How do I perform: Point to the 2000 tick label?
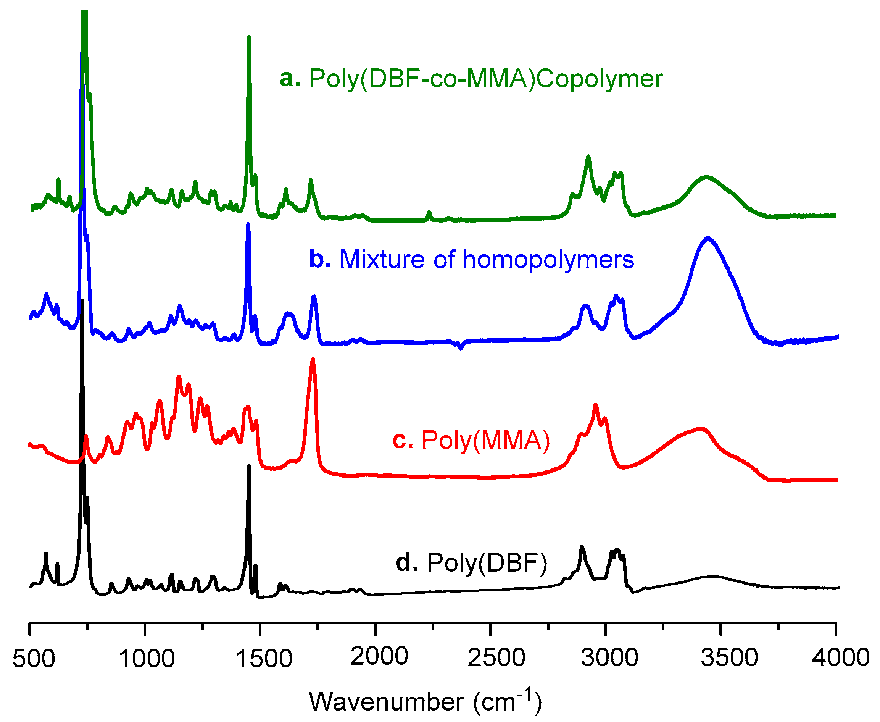pyautogui.click(x=379, y=657)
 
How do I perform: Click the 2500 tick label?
pyautogui.click(x=496, y=658)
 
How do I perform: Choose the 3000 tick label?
pyautogui.click(x=609, y=658)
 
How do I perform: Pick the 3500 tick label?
pyautogui.click(x=729, y=658)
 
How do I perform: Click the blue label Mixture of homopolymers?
pyautogui.click(x=486, y=260)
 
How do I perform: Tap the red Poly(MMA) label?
pyautogui.click(x=485, y=441)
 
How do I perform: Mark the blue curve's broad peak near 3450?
pyautogui.click(x=708, y=238)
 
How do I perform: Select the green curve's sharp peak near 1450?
pyautogui.click(x=248, y=38)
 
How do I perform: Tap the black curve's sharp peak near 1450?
pyautogui.click(x=248, y=467)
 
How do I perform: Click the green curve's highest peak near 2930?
pyautogui.click(x=588, y=157)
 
